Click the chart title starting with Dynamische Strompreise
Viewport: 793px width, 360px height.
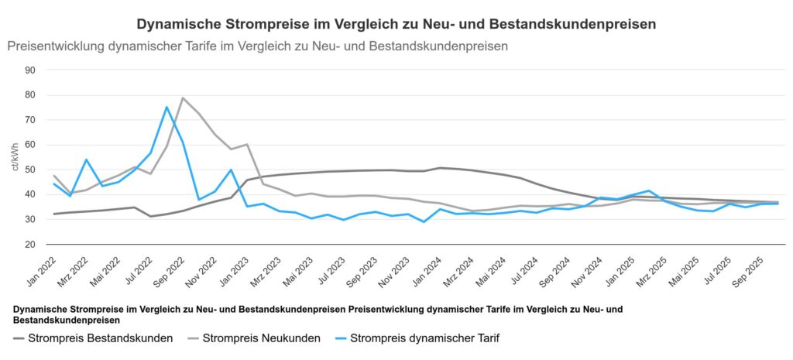pos(396,24)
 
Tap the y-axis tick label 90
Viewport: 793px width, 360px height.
pos(31,70)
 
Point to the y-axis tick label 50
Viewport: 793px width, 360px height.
pos(31,170)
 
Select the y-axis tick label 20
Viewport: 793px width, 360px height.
pos(31,245)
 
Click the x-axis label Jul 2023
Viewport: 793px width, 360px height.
pos(329,271)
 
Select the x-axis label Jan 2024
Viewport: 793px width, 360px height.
pos(426,271)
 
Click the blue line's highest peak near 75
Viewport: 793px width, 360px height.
pos(166,107)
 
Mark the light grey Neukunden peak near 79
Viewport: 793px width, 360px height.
pos(183,98)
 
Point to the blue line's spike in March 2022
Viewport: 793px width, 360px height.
pos(86,159)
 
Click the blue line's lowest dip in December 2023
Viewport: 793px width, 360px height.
pos(424,222)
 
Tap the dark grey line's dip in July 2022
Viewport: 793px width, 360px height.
pos(151,216)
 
